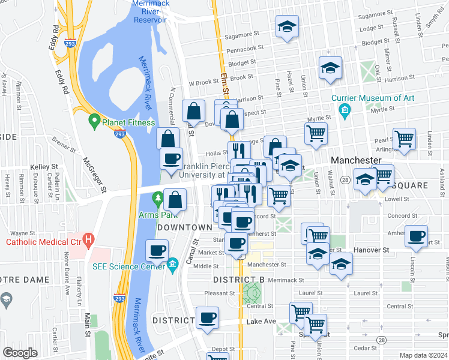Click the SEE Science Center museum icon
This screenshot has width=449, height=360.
(x=173, y=264)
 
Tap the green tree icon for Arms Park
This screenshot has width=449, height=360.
(x=158, y=197)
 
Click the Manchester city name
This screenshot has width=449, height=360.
(x=356, y=161)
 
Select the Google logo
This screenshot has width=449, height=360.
(x=20, y=353)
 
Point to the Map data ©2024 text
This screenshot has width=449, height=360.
(x=423, y=355)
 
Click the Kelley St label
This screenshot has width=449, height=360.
(x=44, y=166)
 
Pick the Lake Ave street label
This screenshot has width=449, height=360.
(x=261, y=322)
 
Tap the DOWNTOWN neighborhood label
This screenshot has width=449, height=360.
(x=185, y=227)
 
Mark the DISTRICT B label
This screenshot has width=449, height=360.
(x=239, y=280)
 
